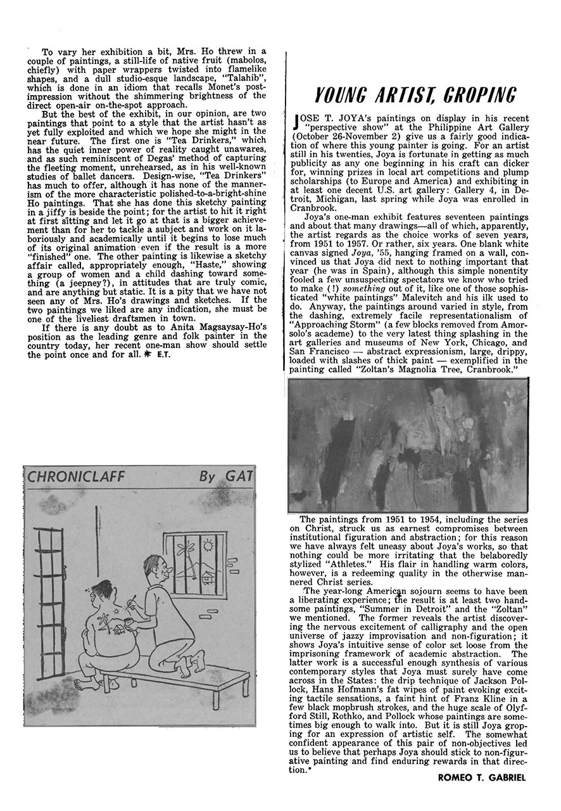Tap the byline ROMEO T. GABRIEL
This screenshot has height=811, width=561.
482,777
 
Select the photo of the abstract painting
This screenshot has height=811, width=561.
408,445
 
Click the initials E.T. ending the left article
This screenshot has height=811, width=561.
165,354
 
